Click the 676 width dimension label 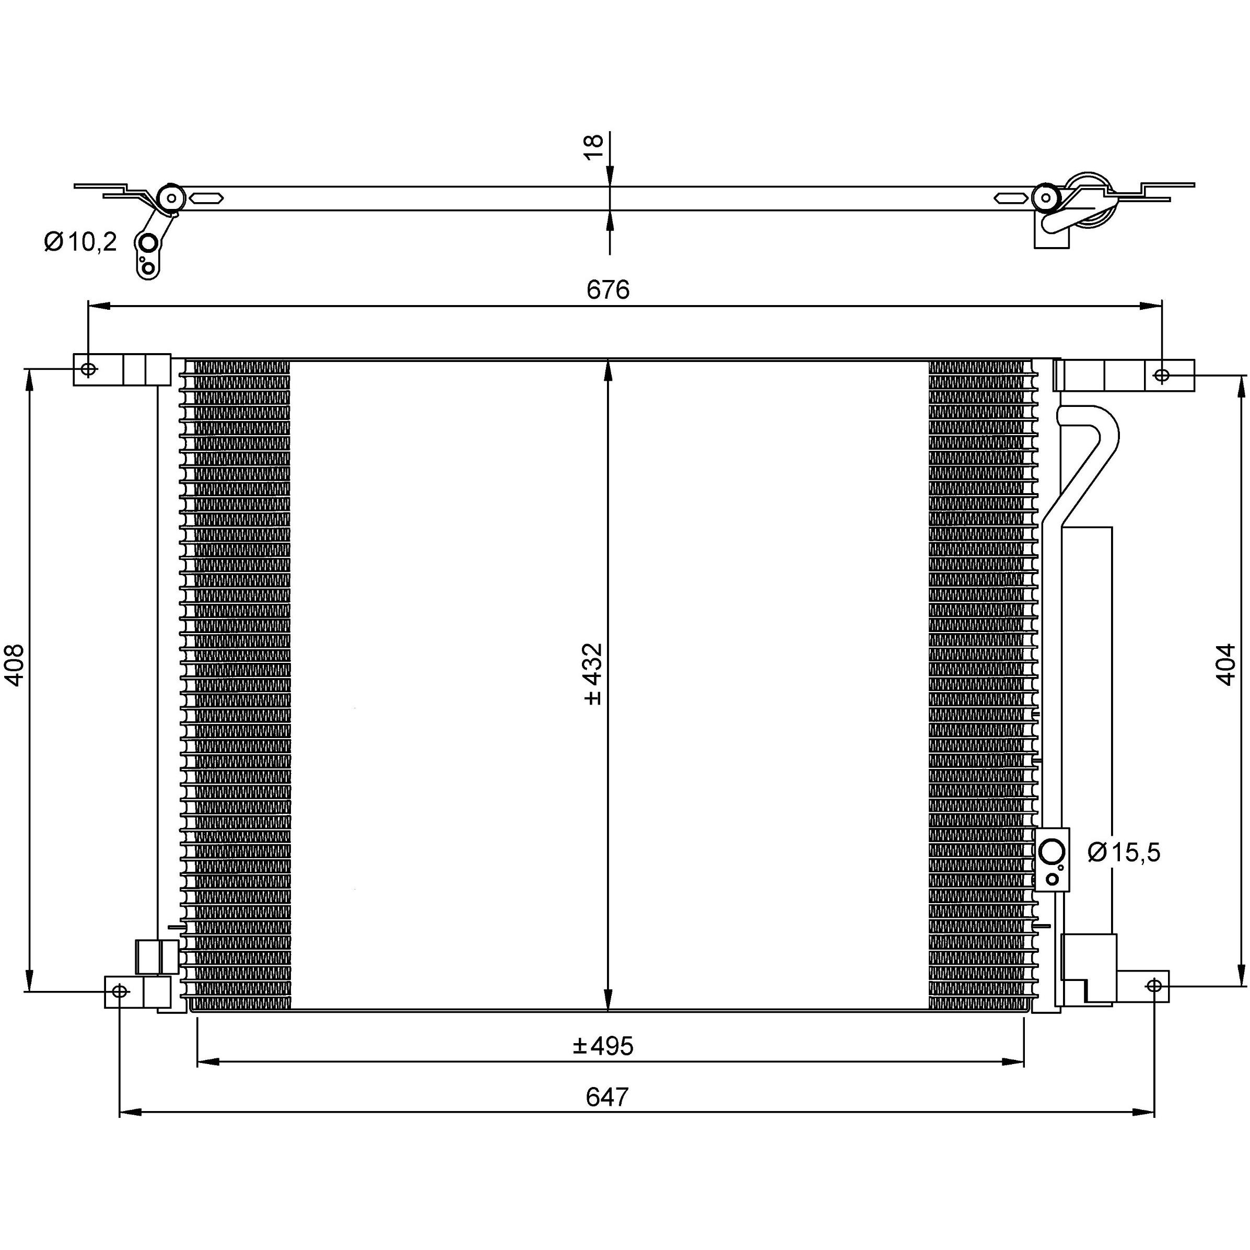tap(608, 290)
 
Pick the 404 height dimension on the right tap(1225, 664)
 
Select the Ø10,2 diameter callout tap(80, 242)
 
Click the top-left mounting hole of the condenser tap(89, 369)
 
